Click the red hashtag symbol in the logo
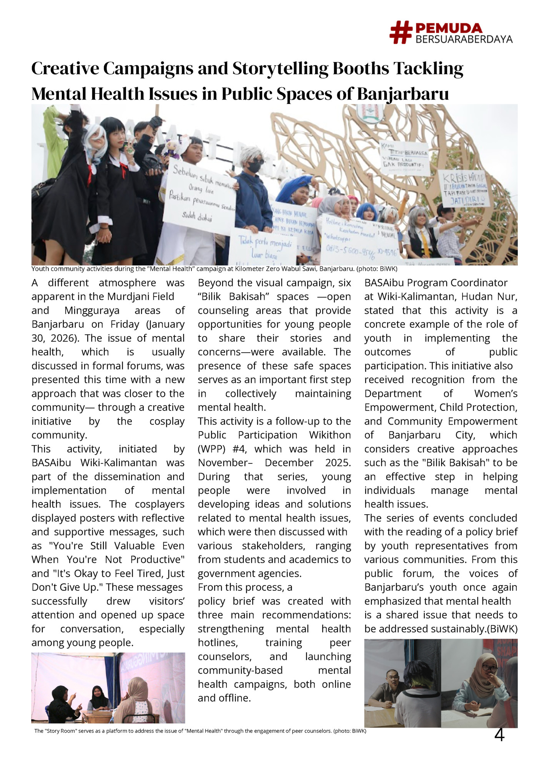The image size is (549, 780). (x=401, y=32)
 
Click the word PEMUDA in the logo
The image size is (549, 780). (x=449, y=28)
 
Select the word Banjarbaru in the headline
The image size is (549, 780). (x=403, y=94)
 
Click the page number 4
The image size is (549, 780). (x=499, y=735)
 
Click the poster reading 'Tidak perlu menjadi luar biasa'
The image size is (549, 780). (x=262, y=248)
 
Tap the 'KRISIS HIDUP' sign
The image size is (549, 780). (x=464, y=188)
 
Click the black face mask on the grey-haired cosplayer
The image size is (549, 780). (x=254, y=167)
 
